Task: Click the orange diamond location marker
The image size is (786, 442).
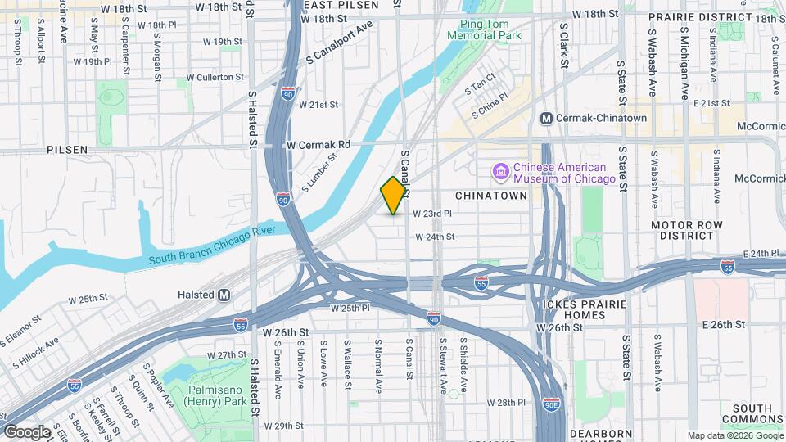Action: [x=394, y=196]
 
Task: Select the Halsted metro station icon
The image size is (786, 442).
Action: [x=224, y=295]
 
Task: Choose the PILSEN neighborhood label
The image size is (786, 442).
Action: [x=67, y=150]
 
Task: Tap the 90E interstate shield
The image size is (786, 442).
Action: [x=551, y=404]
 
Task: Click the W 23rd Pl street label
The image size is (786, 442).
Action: [x=432, y=214]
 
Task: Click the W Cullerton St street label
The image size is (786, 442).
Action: [x=215, y=77]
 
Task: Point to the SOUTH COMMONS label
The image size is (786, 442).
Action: [x=752, y=414]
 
